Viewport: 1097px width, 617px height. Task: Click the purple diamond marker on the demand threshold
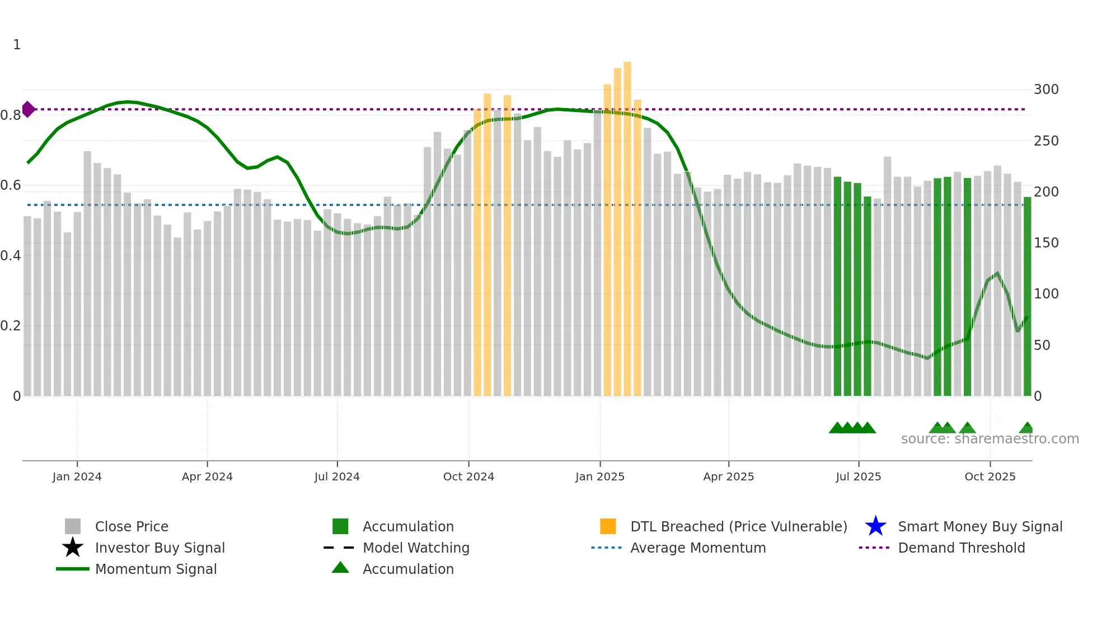(28, 109)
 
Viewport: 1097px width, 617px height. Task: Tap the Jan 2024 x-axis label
(77, 476)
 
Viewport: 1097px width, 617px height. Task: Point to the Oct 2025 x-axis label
(990, 476)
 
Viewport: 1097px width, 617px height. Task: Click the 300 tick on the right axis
(1046, 90)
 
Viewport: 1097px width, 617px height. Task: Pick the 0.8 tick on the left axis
(11, 115)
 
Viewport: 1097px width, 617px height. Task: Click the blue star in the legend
(875, 526)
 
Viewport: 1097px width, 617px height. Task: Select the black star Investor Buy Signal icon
(73, 548)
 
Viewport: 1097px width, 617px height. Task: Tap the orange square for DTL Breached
(608, 526)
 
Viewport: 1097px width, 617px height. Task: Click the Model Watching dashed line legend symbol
(339, 548)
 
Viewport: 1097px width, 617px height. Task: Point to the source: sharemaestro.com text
(990, 439)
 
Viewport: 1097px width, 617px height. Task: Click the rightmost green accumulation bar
(1027, 297)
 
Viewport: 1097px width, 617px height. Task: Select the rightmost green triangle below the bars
(1026, 428)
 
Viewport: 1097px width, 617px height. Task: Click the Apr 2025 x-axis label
(728, 476)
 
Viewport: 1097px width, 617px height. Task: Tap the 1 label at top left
(17, 45)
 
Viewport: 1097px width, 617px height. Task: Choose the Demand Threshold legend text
(961, 548)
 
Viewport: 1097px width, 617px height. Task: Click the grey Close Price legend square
(73, 526)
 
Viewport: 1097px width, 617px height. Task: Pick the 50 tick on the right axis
(1042, 345)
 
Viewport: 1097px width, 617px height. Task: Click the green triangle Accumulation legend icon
(340, 568)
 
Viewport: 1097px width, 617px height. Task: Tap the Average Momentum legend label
(698, 548)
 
